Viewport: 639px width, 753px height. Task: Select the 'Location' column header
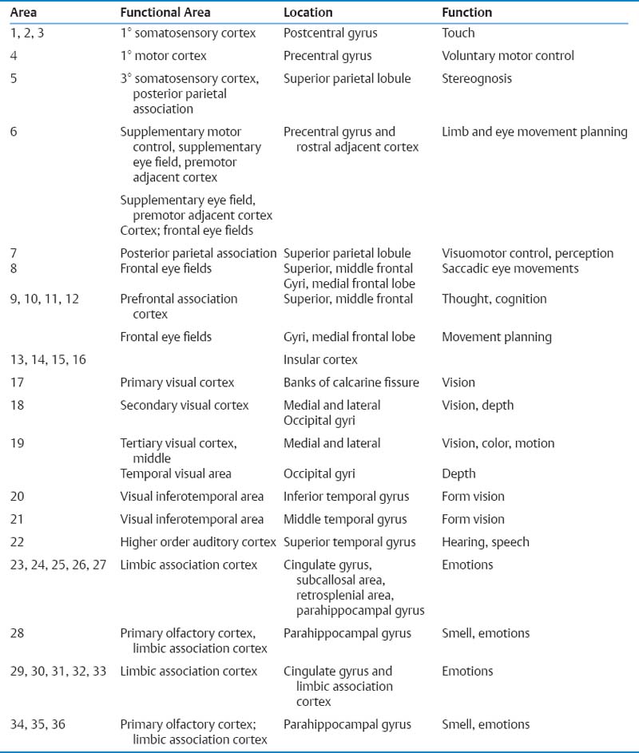pos(308,13)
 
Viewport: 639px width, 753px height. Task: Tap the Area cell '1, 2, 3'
pos(30,33)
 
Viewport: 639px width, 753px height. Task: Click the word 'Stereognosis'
pos(477,79)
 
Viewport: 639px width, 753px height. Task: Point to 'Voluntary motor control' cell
pos(507,56)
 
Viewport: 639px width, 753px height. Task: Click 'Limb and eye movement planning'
pos(534,132)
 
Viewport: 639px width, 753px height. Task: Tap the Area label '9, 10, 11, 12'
pos(47,299)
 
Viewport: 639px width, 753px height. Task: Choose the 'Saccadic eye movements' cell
pos(510,268)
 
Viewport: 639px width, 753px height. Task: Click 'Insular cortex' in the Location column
pos(320,359)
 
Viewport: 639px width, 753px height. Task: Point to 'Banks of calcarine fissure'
pos(351,382)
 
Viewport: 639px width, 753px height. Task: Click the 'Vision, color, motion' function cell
pos(498,443)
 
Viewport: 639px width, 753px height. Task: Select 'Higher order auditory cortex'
pos(199,542)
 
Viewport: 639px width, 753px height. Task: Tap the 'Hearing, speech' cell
pos(485,542)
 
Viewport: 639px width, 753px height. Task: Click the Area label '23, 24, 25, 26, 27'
pos(58,565)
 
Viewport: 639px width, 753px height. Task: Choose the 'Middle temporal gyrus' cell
pos(345,519)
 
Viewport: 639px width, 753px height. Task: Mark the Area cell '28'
pos(18,633)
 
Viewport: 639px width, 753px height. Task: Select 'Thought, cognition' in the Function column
pos(494,299)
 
